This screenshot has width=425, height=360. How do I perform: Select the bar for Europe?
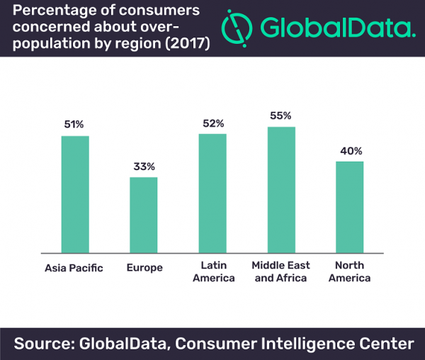click(x=143, y=214)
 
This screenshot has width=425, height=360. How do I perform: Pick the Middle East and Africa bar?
click(x=281, y=189)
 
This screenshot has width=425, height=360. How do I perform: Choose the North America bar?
click(x=349, y=206)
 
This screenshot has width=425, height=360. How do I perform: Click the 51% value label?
click(x=74, y=124)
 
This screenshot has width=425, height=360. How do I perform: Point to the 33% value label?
click(x=143, y=167)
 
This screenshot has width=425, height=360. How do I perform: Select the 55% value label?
click(x=281, y=116)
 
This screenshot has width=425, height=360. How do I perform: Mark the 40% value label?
click(x=350, y=151)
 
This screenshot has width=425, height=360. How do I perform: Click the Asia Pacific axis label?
click(x=74, y=268)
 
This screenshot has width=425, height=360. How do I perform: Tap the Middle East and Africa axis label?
click(x=280, y=271)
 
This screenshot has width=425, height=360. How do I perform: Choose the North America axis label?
click(x=350, y=271)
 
